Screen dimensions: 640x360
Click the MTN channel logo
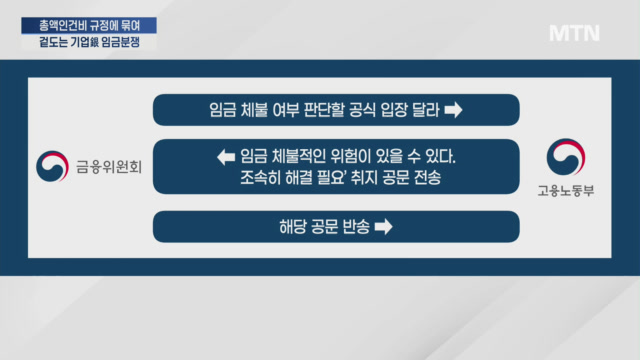tap(574, 33)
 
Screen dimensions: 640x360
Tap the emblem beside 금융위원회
tap(52, 166)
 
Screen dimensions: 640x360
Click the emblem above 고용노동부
tap(566, 157)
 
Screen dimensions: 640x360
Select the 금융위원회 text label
tap(109, 167)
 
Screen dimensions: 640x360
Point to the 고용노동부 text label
tap(566, 191)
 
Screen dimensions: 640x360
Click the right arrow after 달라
tap(453, 110)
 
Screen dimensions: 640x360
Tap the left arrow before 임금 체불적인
tap(226, 157)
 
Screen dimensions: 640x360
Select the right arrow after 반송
tap(384, 227)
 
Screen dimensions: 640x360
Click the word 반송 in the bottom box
tap(356, 227)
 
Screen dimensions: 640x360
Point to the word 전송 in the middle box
tap(427, 178)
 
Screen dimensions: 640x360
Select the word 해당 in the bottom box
tap(293, 227)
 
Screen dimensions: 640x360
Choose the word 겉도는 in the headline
tap(53, 42)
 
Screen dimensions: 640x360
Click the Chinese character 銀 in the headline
tap(95, 42)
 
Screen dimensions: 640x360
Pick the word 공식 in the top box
tap(362, 110)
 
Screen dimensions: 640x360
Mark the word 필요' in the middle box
tap(332, 178)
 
